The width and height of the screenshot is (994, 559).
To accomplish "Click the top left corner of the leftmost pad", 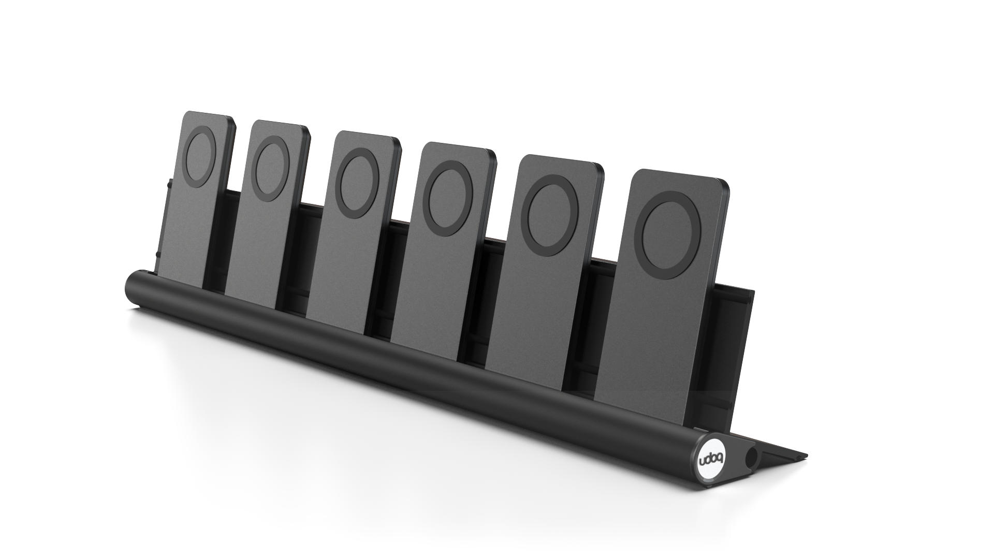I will [x=186, y=115].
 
